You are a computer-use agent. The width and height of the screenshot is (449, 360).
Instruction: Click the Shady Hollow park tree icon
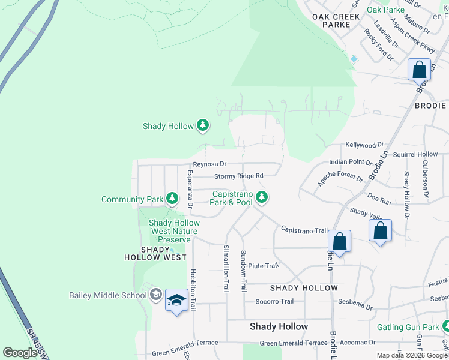tap(203, 125)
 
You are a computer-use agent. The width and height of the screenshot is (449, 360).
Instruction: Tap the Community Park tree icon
tap(172, 198)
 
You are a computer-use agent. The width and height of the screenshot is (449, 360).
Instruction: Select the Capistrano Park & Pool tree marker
tap(261, 196)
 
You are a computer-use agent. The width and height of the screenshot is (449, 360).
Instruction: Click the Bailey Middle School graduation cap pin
tap(176, 299)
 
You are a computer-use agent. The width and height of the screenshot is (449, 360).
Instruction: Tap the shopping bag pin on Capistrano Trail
tap(340, 242)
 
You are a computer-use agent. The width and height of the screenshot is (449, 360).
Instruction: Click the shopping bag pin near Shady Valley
tap(381, 230)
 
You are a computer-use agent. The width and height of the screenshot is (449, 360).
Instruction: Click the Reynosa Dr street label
tap(209, 164)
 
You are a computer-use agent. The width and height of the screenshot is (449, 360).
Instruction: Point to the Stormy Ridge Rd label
tap(239, 176)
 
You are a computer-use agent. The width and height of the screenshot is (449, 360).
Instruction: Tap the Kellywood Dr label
tap(364, 145)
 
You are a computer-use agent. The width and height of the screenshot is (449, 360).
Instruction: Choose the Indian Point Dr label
tap(351, 162)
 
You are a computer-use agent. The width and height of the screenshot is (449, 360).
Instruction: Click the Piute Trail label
tap(263, 265)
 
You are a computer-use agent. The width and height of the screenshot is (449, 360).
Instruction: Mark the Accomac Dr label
tap(357, 343)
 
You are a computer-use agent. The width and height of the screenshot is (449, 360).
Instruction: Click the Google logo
tap(20, 353)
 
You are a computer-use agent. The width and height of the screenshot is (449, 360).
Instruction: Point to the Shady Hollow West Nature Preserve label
tap(174, 231)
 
